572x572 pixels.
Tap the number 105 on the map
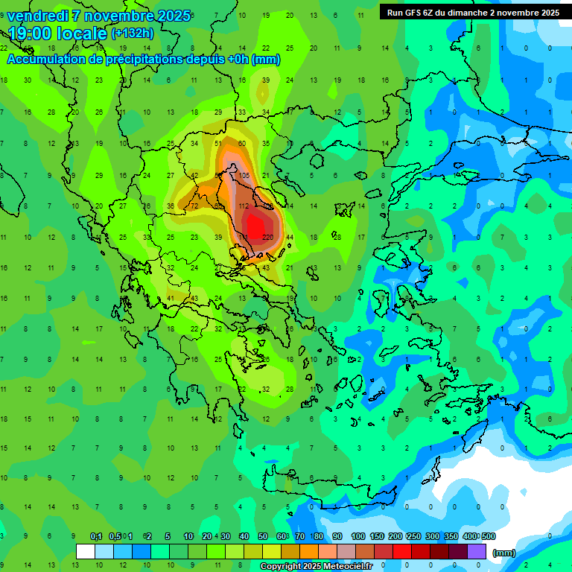click(x=244, y=175)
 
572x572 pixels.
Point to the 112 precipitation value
click(x=243, y=206)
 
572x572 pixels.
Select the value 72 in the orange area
click(x=194, y=206)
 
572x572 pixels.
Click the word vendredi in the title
click(x=38, y=16)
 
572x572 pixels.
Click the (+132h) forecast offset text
click(x=133, y=34)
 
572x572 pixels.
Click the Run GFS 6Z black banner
click(x=473, y=12)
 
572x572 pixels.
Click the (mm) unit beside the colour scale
click(x=504, y=553)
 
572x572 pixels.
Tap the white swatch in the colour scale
click(x=86, y=552)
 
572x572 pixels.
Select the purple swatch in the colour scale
click(x=476, y=552)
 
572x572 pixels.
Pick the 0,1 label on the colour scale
click(x=96, y=536)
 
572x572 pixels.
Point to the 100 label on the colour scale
click(x=357, y=536)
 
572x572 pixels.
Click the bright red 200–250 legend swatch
click(x=403, y=552)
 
